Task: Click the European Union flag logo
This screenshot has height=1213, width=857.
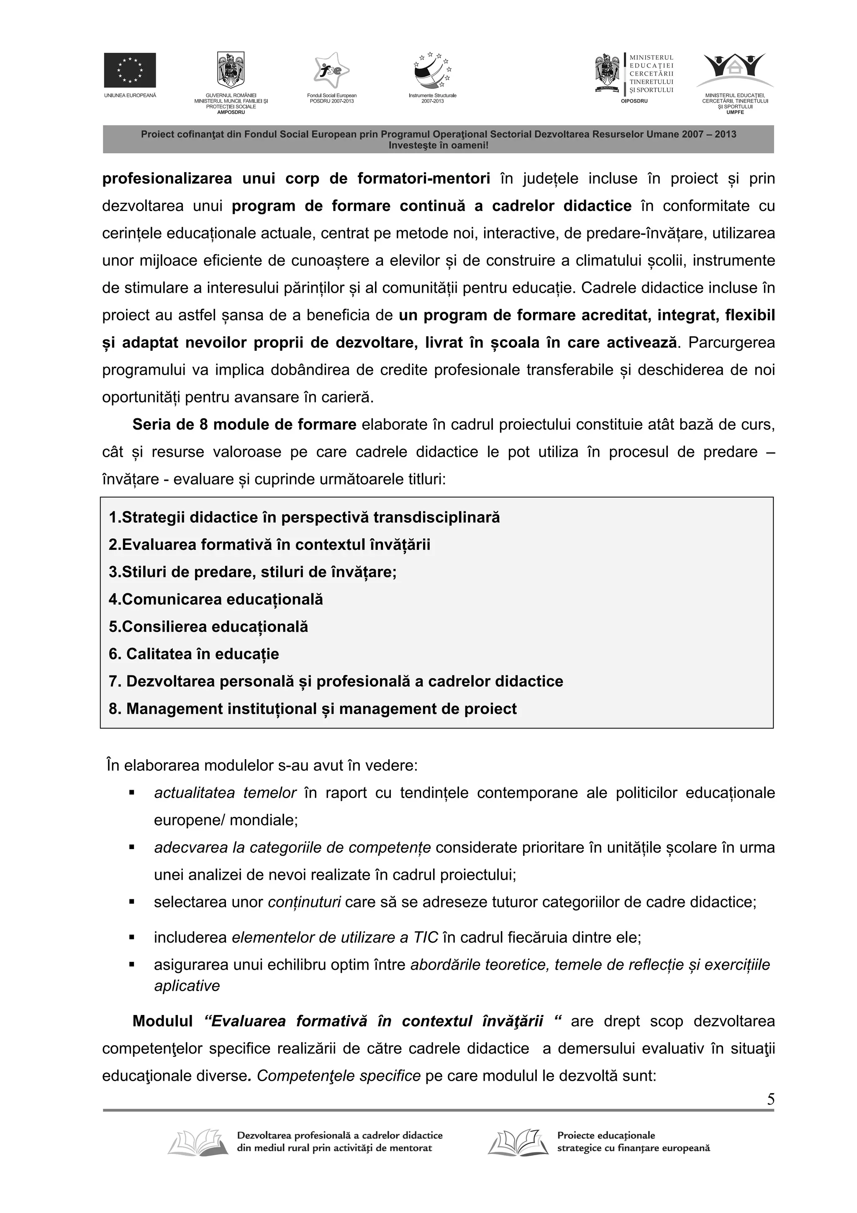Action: [x=129, y=70]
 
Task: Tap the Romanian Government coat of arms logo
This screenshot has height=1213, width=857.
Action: [x=231, y=70]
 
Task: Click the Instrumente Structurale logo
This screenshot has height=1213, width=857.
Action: [x=432, y=71]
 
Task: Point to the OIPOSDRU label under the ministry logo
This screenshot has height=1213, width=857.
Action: [x=634, y=101]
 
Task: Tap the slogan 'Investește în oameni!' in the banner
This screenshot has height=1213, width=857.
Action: [x=438, y=145]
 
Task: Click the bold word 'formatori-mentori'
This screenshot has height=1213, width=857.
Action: [x=423, y=178]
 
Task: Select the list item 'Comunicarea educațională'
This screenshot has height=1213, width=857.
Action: [x=216, y=600]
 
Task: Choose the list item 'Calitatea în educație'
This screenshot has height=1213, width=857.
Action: [x=194, y=654]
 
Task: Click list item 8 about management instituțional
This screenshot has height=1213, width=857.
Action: [x=313, y=709]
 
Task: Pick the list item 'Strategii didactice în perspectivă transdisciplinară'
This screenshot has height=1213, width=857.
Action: [x=304, y=517]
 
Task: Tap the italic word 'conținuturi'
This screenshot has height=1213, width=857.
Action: [x=304, y=902]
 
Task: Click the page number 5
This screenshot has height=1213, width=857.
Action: [x=770, y=1100]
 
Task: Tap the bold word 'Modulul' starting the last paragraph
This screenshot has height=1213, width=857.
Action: [x=163, y=1021]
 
